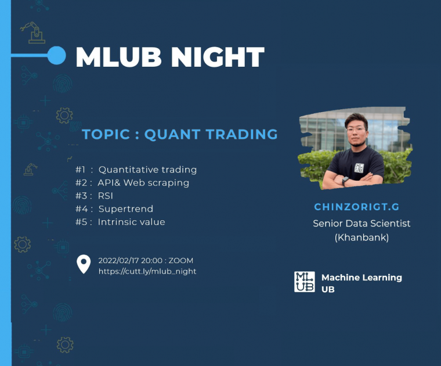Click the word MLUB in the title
119,57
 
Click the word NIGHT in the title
218,57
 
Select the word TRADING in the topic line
241,134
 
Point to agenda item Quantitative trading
147,170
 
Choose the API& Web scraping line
143,183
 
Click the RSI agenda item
106,196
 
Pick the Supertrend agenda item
126,209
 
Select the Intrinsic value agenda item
131,222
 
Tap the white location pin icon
84,264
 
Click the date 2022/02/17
118,261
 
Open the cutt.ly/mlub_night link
147,271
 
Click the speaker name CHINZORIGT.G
357,207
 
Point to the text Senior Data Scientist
362,224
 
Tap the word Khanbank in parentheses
362,238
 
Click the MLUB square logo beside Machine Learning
305,282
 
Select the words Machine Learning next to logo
362,278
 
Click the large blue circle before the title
56,55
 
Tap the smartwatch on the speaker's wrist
345,181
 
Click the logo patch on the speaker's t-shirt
359,168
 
